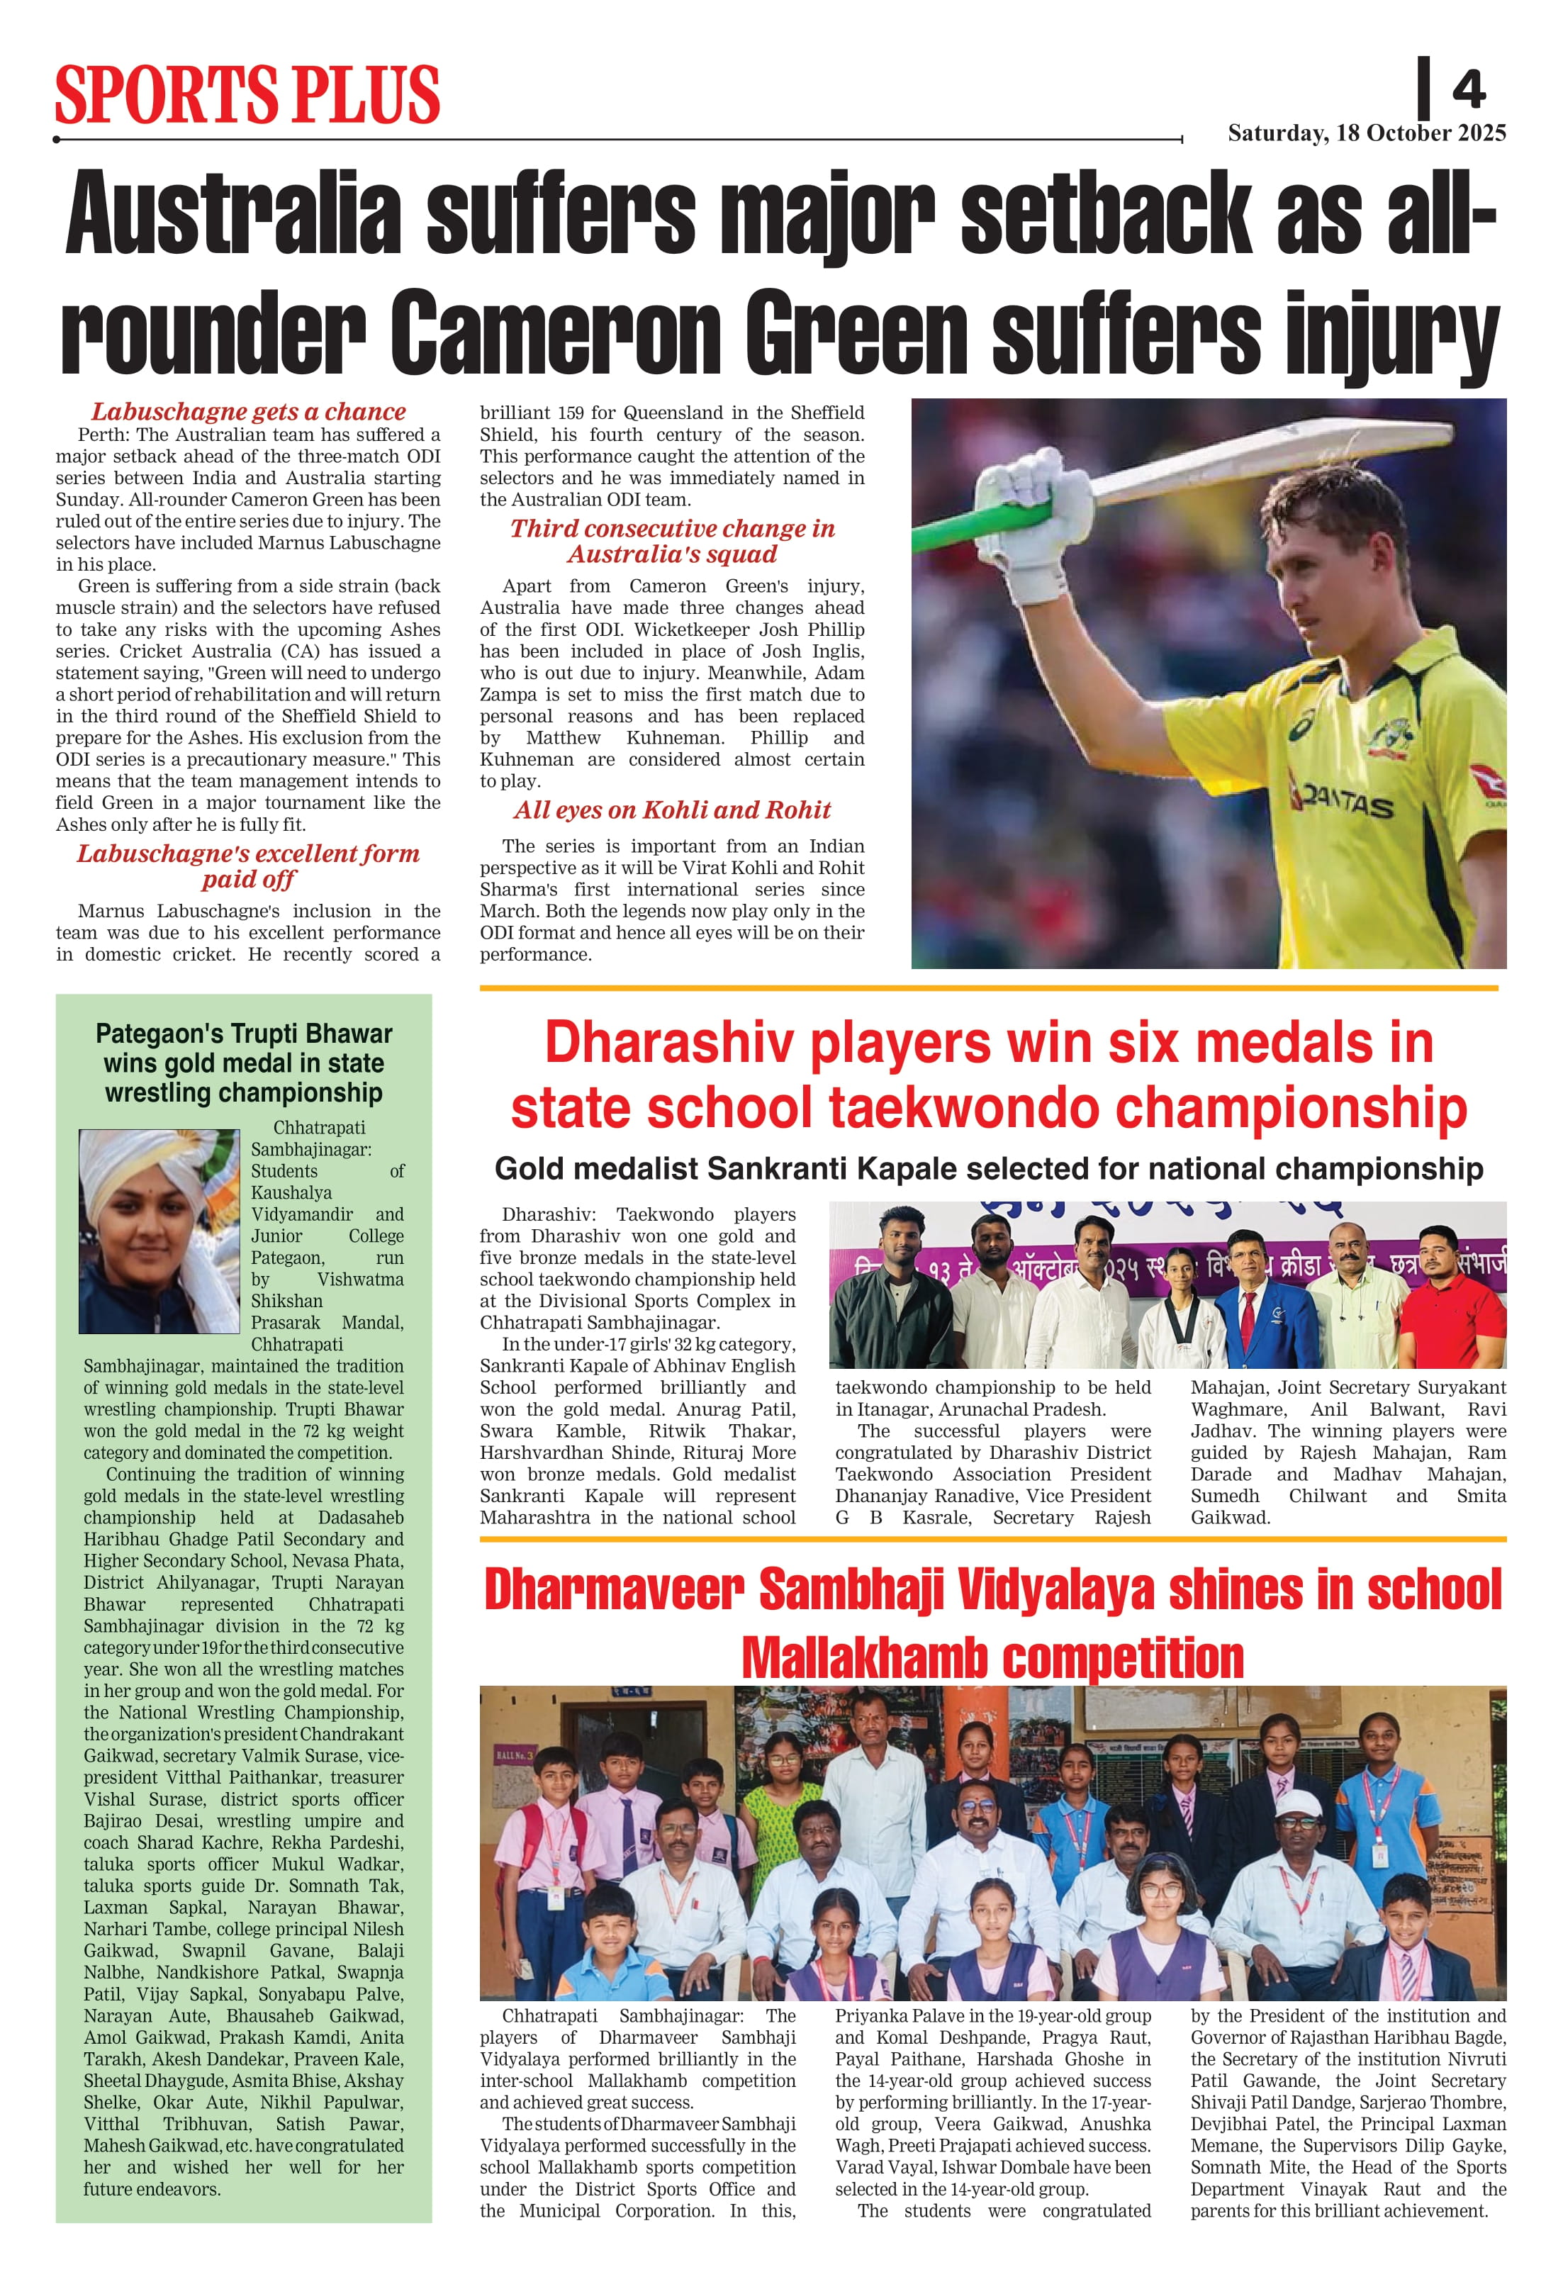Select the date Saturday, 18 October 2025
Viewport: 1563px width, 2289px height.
tap(1366, 133)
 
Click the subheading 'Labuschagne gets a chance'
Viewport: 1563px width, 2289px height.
tap(248, 412)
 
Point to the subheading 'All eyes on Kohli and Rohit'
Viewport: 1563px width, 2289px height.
tap(672, 810)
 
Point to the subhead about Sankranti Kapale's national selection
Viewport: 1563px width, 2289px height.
tap(988, 1168)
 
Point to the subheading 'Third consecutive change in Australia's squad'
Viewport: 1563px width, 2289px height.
tap(672, 541)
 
